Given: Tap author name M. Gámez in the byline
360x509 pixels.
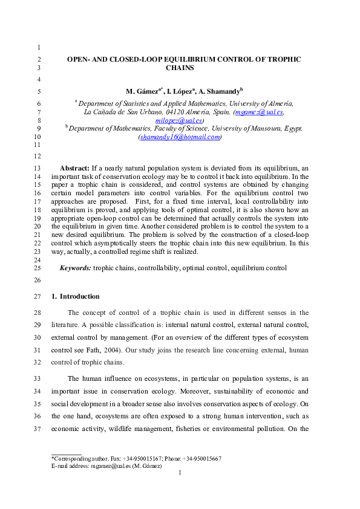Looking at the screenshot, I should click(x=142, y=92).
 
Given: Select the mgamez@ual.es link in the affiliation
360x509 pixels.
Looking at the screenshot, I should click(x=259, y=112).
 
